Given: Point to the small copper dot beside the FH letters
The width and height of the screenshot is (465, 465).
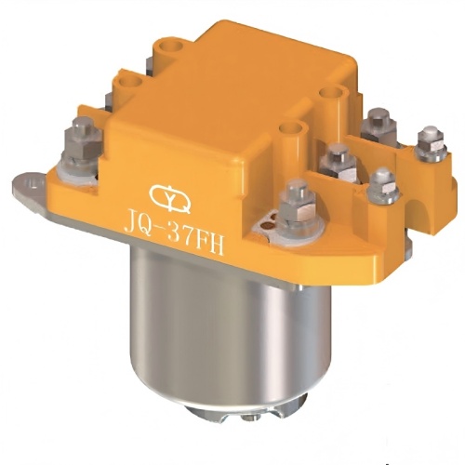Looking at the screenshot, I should (270, 220).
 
